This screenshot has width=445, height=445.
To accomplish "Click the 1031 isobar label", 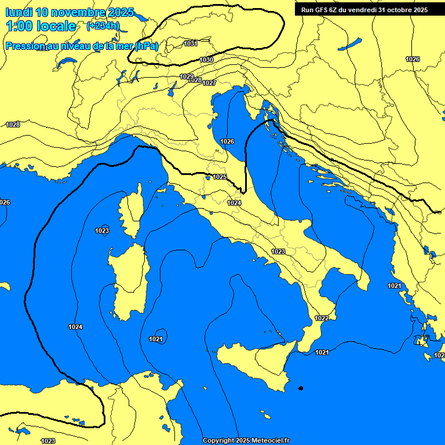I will pyautogui.click(x=191, y=43).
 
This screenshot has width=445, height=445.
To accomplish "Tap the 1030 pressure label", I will pyautogui.click(x=206, y=60).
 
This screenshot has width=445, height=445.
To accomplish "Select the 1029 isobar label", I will pyautogui.click(x=187, y=76).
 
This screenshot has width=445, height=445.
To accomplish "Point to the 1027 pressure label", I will pyautogui.click(x=209, y=83).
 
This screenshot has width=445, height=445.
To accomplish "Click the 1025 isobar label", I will pyautogui.click(x=220, y=177).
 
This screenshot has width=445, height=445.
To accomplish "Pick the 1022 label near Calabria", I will pyautogui.click(x=322, y=318).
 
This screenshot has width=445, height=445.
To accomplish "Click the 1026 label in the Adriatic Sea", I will pyautogui.click(x=227, y=142).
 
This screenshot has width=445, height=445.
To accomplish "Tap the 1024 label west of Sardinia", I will pyautogui.click(x=75, y=327).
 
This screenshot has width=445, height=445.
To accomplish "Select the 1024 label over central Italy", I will pyautogui.click(x=234, y=203).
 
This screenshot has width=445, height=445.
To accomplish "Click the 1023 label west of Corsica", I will pyautogui.click(x=102, y=231).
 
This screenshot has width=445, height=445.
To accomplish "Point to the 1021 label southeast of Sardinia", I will pyautogui.click(x=155, y=339).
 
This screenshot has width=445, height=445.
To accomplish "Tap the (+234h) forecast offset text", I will pyautogui.click(x=103, y=26).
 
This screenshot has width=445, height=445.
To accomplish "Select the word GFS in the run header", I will pyautogui.click(x=322, y=10).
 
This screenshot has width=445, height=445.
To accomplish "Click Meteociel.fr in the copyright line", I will pyautogui.click(x=268, y=441).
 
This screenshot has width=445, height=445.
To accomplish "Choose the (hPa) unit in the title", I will pyautogui.click(x=146, y=46).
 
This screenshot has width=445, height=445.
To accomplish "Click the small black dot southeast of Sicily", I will pyautogui.click(x=300, y=388).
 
